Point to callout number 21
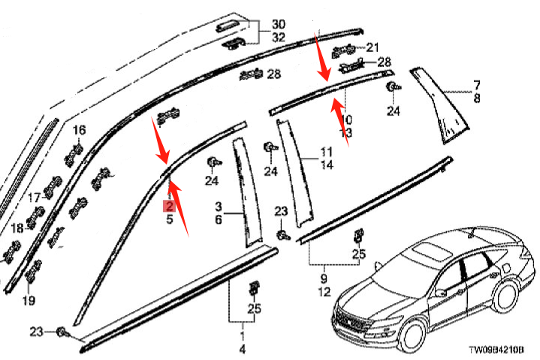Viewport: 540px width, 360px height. [x=373, y=47]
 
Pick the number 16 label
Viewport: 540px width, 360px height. [x=79, y=130]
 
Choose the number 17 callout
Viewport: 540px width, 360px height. [x=34, y=198]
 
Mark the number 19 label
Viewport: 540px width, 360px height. [x=28, y=301]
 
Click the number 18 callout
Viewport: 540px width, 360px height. [x=17, y=228]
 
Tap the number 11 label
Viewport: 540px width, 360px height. [x=326, y=151]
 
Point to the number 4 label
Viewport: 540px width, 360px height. [x=242, y=349]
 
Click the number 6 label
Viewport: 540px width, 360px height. [x=219, y=219]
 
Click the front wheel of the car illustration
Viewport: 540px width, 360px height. [x=412, y=332]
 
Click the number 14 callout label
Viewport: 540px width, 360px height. [x=326, y=164]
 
